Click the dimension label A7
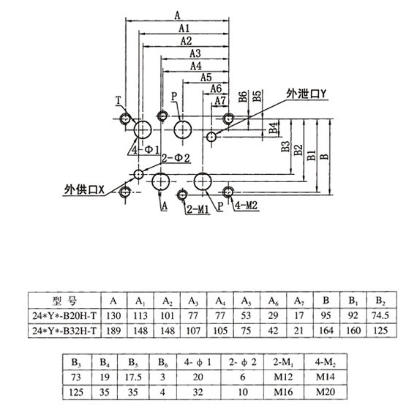tap(220, 101)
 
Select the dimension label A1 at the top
tap(184, 29)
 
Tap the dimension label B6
tap(243, 97)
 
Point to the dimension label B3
tap(285, 146)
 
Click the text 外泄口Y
tap(306, 94)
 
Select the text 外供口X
tap(84, 189)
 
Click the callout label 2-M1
tap(198, 209)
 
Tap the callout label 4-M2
tap(247, 205)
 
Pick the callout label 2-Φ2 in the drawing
tap(176, 158)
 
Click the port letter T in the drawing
tap(119, 100)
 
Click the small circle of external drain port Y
tap(211, 137)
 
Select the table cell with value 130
tap(114, 315)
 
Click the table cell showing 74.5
tap(381, 315)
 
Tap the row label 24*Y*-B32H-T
tap(64, 331)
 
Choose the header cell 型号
tap(64, 301)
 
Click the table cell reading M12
tap(283, 377)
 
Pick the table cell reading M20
tap(326, 391)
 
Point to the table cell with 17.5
tap(133, 377)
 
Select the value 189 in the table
tap(114, 331)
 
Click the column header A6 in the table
tap(274, 301)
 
